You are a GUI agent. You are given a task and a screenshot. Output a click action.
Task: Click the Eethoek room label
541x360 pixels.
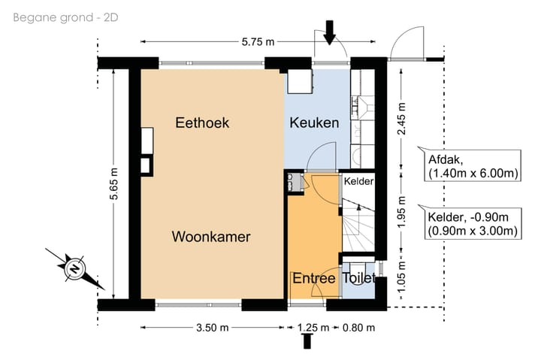202,123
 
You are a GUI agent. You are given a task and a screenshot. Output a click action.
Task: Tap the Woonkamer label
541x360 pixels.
211,237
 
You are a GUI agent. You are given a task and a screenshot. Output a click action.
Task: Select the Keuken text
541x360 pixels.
314,123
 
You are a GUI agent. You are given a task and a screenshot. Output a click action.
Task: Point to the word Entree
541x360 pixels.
314,278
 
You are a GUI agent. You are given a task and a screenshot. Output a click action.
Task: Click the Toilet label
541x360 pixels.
358,278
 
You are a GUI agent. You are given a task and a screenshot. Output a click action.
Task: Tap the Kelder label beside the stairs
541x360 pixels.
359,181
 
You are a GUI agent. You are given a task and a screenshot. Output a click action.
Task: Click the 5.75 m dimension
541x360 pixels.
258,42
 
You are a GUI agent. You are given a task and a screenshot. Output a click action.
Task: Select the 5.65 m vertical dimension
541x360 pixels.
114,183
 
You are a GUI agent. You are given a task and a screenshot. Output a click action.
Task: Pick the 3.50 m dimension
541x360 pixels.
213,328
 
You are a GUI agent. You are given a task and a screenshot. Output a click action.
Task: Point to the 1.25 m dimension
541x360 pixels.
313,328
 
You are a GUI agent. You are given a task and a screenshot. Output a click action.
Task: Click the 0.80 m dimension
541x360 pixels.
358,328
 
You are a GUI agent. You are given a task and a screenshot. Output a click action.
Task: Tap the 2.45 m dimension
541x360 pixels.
401,119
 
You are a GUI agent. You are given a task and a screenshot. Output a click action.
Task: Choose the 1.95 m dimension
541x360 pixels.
401,212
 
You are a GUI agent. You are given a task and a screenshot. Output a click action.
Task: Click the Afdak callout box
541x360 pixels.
473,165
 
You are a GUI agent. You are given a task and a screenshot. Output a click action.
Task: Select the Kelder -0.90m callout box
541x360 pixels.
473,224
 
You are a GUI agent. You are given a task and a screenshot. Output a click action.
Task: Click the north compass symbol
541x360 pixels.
75,268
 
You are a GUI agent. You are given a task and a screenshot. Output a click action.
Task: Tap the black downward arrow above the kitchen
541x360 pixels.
330,32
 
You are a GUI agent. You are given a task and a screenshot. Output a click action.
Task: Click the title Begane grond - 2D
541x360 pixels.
65,17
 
